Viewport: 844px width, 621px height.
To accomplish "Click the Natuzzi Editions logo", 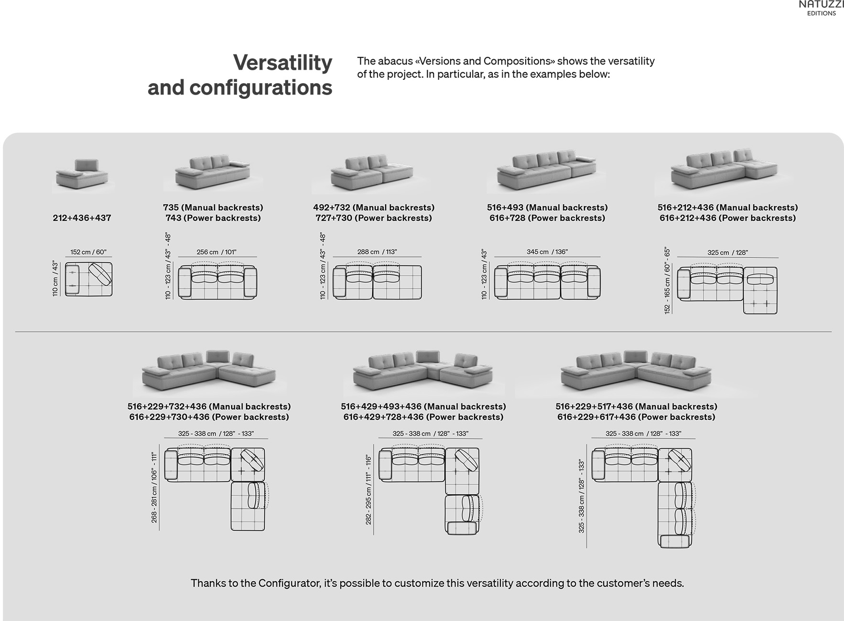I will pyautogui.click(x=821, y=8).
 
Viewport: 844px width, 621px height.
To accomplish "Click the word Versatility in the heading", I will pyautogui.click(x=282, y=63).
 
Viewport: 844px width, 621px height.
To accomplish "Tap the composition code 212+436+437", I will pyautogui.click(x=82, y=218).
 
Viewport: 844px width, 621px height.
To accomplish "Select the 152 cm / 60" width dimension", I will pyautogui.click(x=88, y=252).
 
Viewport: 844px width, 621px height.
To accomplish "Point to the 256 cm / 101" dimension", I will pyautogui.click(x=216, y=252).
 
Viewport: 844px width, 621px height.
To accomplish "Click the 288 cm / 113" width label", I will pyautogui.click(x=377, y=252).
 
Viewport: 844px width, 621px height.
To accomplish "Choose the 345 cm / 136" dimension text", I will pyautogui.click(x=547, y=252).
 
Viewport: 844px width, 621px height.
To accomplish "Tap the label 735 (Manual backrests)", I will pyautogui.click(x=213, y=207).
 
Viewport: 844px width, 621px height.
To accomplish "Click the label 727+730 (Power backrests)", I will pyautogui.click(x=374, y=218).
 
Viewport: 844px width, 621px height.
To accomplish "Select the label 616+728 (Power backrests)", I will pyautogui.click(x=547, y=218).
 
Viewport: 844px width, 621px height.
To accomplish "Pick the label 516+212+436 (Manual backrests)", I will pyautogui.click(x=727, y=207).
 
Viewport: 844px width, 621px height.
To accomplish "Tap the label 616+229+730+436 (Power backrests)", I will pyautogui.click(x=209, y=417).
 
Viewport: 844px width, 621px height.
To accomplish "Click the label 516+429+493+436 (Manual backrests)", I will pyautogui.click(x=423, y=407).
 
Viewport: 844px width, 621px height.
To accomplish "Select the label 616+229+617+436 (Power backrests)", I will pyautogui.click(x=636, y=417).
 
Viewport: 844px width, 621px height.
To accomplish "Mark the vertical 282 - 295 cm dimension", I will pyautogui.click(x=368, y=490).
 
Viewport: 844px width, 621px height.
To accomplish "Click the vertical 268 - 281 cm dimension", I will pyautogui.click(x=154, y=488).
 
